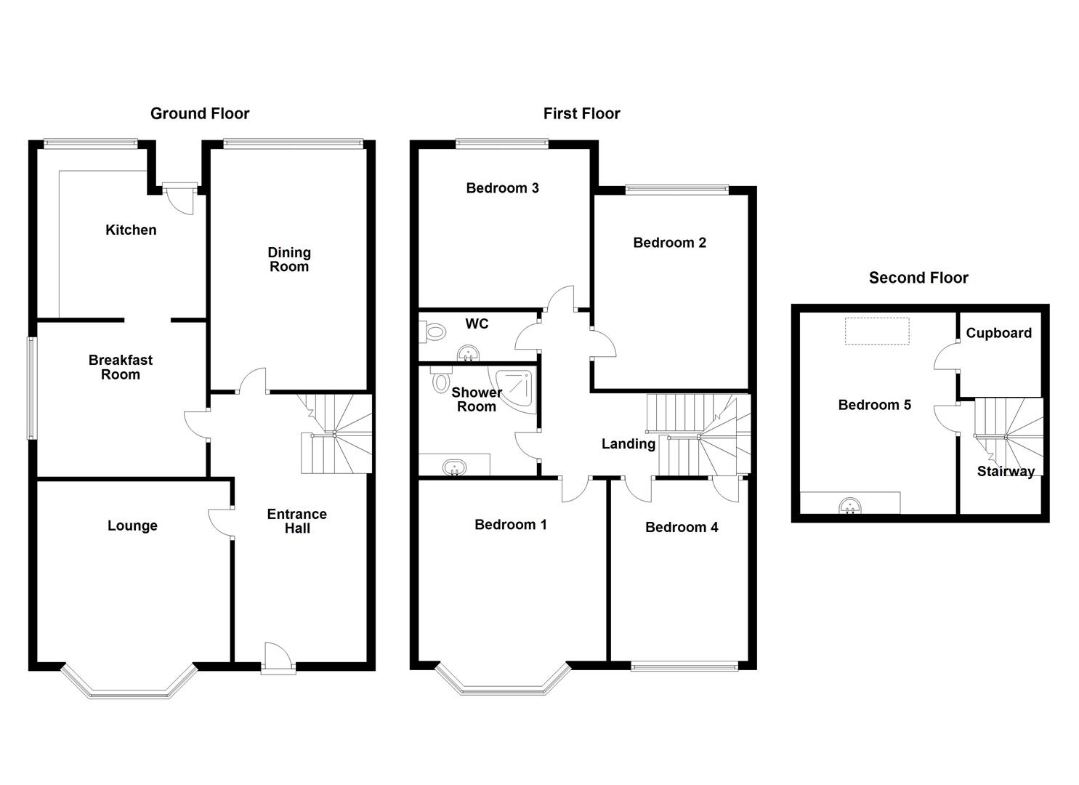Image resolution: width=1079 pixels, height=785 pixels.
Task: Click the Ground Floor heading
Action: pos(200,113)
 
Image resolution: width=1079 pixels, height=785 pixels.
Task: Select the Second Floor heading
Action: pos(918,278)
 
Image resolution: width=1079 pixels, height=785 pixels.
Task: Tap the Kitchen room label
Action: pos(131,230)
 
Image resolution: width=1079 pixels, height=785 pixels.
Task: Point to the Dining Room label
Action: pos(289,259)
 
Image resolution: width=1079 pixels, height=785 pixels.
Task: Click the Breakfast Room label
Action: pos(121,367)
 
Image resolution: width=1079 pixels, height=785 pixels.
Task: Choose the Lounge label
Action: pos(132,526)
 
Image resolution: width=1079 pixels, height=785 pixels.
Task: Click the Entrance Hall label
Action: pos(297,521)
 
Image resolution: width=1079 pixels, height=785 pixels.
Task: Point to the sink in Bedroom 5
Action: pos(849,504)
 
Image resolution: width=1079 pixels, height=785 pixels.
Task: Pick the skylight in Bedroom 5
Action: pos(877,331)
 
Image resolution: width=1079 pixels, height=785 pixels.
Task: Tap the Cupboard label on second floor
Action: pos(998,333)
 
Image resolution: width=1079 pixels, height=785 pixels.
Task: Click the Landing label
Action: pos(628,443)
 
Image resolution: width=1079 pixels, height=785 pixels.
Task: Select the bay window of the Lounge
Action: pos(129,686)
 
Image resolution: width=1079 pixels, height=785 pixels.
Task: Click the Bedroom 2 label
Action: pos(669,243)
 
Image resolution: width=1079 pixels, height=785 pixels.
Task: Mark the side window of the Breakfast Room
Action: pos(31,388)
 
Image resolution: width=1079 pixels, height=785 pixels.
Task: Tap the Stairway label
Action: pos(1006,471)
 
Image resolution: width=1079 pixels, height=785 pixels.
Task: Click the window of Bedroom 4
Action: pos(684,665)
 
